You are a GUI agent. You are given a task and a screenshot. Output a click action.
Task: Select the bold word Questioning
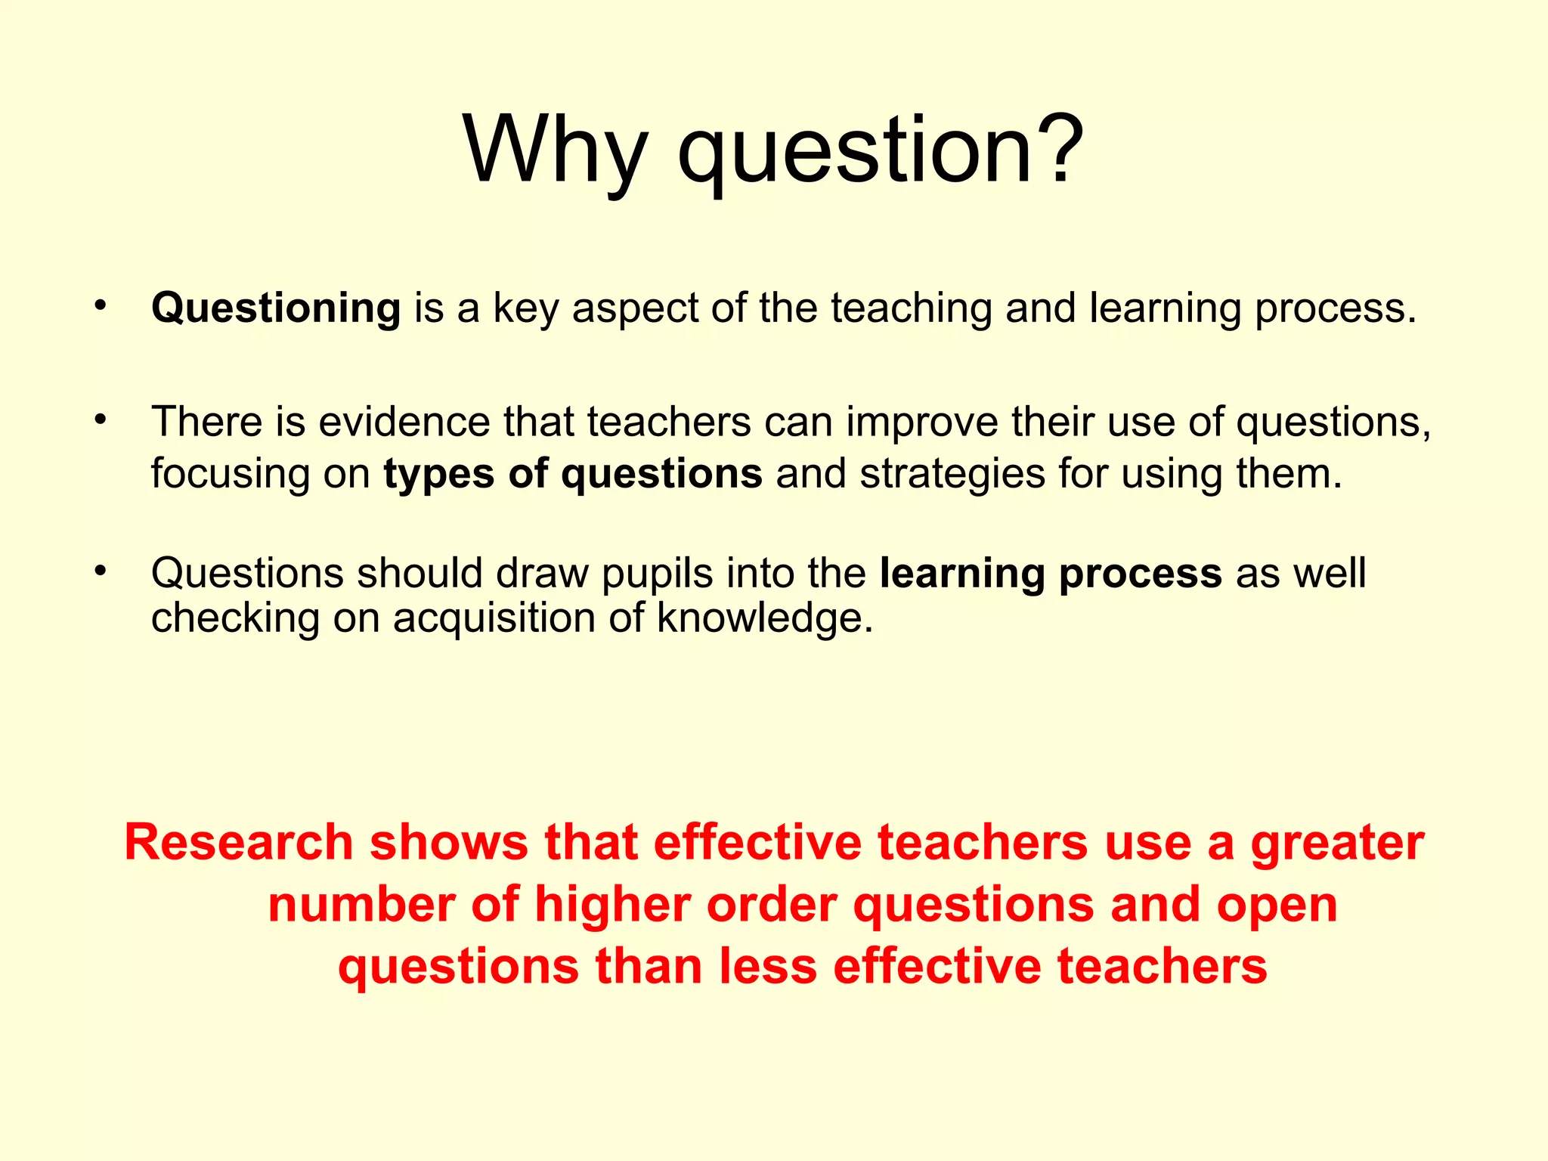pyautogui.click(x=276, y=308)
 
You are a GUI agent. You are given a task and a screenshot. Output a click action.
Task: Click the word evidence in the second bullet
pyautogui.click(x=404, y=422)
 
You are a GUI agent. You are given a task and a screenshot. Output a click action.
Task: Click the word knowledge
pyautogui.click(x=764, y=618)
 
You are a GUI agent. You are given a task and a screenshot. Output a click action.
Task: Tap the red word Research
pyautogui.click(x=239, y=843)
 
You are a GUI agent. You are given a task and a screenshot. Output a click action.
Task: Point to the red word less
pyautogui.click(x=768, y=967)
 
